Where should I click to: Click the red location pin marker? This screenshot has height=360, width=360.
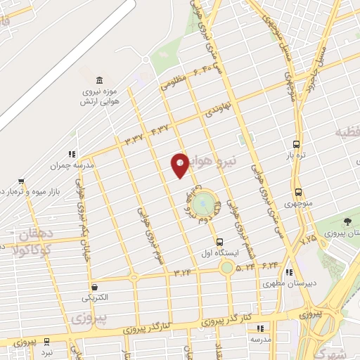(x=180, y=165)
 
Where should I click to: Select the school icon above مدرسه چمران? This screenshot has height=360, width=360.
(x=71, y=153)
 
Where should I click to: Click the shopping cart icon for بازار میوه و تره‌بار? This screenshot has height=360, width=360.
(x=22, y=180)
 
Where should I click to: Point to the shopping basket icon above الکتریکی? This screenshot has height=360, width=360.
(x=95, y=286)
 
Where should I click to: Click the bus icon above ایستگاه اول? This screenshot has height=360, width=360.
(x=219, y=240)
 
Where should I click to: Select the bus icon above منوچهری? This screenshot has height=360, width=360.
(x=299, y=191)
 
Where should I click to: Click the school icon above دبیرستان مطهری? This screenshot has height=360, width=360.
(x=290, y=273)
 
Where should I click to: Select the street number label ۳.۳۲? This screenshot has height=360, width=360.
(x=134, y=138)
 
